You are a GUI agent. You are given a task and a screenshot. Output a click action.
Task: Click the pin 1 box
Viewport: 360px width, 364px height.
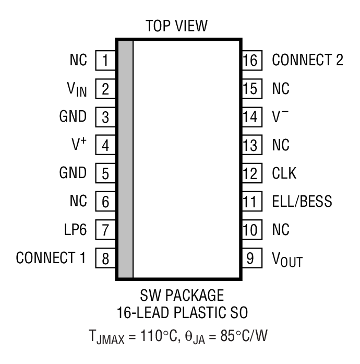pyautogui.click(x=105, y=61)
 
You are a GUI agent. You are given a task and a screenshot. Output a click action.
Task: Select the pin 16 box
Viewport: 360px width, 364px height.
pyautogui.click(x=250, y=61)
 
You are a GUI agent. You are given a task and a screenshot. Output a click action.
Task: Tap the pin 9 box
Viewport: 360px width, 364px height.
pyautogui.click(x=250, y=258)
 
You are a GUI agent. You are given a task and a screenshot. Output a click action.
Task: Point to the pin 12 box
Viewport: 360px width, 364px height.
pyautogui.click(x=250, y=173)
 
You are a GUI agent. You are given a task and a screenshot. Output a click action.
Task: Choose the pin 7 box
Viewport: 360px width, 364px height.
pyautogui.click(x=105, y=230)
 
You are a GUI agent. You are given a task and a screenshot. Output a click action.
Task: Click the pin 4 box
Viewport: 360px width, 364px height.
pyautogui.click(x=105, y=145)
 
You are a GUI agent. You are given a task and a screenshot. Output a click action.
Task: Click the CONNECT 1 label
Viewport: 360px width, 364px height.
pyautogui.click(x=51, y=258)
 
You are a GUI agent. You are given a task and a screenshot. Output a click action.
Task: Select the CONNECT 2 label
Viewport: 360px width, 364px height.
pyautogui.click(x=307, y=61)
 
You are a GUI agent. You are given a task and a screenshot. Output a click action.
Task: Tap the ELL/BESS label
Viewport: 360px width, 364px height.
pyautogui.click(x=302, y=202)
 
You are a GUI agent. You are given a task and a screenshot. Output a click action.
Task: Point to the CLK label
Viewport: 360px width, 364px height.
pyautogui.click(x=284, y=173)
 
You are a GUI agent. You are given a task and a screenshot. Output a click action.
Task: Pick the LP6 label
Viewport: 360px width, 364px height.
pyautogui.click(x=75, y=230)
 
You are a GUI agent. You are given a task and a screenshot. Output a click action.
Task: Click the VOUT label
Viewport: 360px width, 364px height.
pyautogui.click(x=287, y=260)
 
